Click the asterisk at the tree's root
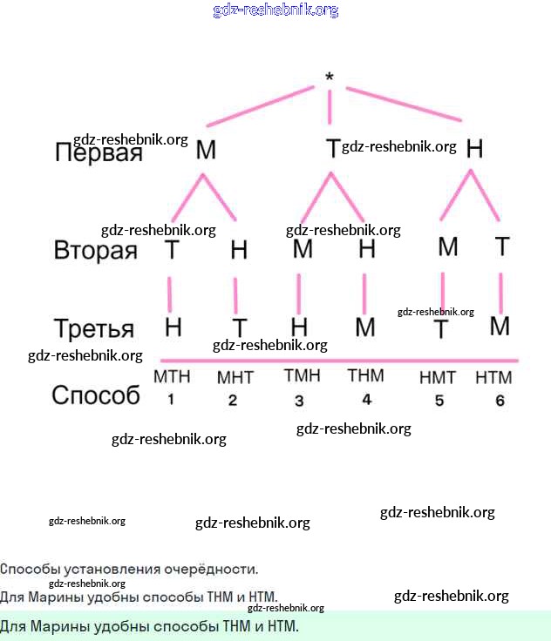coord(330,78)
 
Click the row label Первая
coord(99,153)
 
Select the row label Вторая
coord(96,251)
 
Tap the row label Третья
coord(94,329)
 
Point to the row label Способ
coord(96,395)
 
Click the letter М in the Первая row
coord(206,150)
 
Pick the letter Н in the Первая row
coord(474,149)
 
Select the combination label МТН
coord(172,377)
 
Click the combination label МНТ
coord(234,379)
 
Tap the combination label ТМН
coord(302,376)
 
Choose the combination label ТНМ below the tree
coord(365,376)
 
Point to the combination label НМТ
coord(438,378)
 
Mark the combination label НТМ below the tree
coord(493,378)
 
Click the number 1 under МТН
coord(171,400)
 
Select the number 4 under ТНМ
coord(366,400)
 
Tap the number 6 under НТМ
coord(500,401)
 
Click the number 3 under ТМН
coord(299,401)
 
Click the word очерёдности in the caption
coord(217,570)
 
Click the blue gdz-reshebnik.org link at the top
coord(275,10)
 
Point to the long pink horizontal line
coord(340,360)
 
